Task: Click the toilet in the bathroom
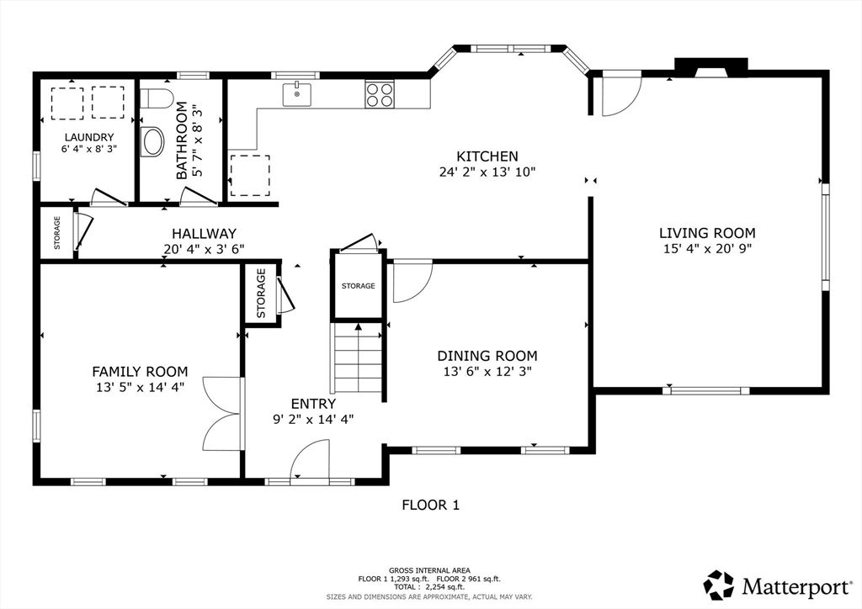(x=157, y=98)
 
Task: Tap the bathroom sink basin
(x=153, y=141)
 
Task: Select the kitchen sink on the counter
(x=297, y=94)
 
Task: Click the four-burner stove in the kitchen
(x=380, y=94)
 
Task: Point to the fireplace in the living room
(x=710, y=67)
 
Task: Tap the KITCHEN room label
(x=487, y=157)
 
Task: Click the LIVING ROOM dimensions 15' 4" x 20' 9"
(x=707, y=248)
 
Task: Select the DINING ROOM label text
(x=487, y=356)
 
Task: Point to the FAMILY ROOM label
(x=140, y=372)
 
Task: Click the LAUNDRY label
(x=89, y=137)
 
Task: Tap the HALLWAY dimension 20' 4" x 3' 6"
(x=204, y=249)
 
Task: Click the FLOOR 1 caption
(x=430, y=505)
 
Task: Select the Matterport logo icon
(x=719, y=585)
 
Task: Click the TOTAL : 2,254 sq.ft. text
(x=429, y=587)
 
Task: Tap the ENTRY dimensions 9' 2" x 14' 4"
(x=313, y=420)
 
